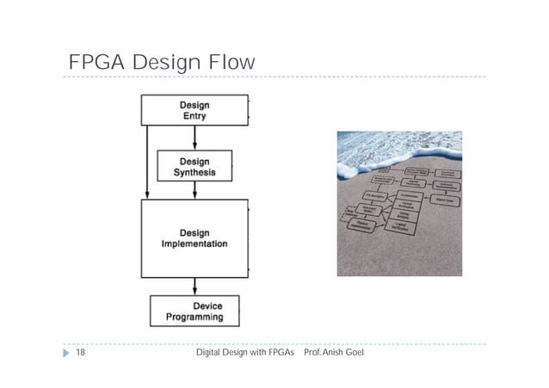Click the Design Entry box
click(x=194, y=110)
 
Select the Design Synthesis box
click(x=194, y=166)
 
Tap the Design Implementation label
click(x=194, y=238)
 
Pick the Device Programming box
click(x=194, y=311)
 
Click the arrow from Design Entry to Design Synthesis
click(x=194, y=138)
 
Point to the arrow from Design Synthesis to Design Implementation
click(x=194, y=191)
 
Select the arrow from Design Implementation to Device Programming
click(x=194, y=286)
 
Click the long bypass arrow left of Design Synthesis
click(x=149, y=163)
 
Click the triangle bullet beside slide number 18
click(x=66, y=354)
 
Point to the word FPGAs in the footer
click(x=279, y=354)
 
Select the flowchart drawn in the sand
click(x=401, y=206)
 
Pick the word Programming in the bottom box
click(x=195, y=317)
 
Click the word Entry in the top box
click(x=194, y=116)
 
